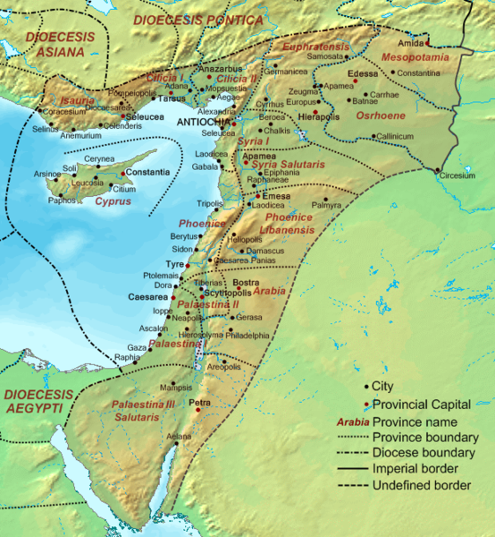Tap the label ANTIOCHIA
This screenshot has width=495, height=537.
[x=203, y=121]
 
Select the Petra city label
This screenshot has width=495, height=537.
[x=199, y=403]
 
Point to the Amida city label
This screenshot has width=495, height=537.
[x=411, y=43]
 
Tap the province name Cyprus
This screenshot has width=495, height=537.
[x=112, y=202]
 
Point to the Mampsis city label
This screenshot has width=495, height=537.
[x=175, y=388]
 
